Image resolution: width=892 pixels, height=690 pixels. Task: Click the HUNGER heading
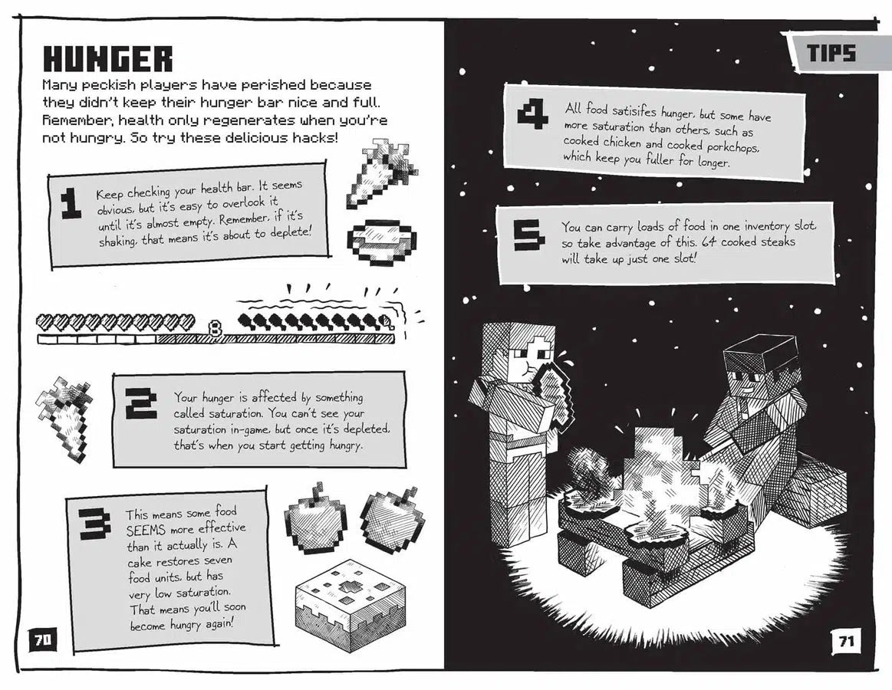point(108,59)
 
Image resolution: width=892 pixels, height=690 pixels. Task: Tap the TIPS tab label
point(831,54)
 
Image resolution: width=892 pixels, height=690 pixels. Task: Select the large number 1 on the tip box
point(71,205)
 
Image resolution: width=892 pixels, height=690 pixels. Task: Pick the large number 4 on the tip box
point(532,115)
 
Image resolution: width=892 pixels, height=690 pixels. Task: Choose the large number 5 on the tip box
point(529,236)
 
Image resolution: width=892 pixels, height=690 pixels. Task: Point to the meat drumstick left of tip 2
point(64,416)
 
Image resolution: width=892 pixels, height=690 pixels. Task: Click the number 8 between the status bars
point(215,329)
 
